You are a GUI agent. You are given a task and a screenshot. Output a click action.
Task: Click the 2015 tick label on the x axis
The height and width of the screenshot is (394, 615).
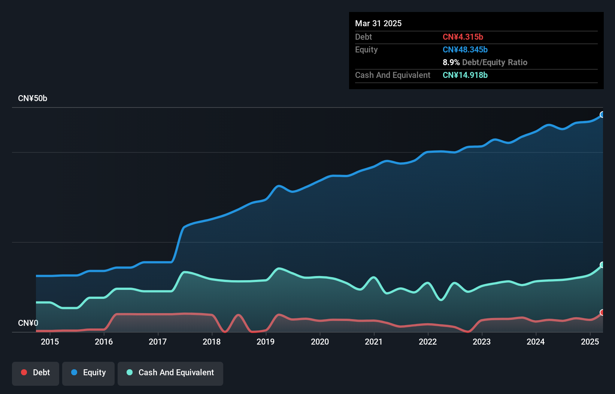point(50,342)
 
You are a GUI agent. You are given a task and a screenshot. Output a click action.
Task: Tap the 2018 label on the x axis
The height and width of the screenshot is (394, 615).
point(212,342)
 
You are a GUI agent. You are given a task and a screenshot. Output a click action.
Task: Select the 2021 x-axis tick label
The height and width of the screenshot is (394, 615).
point(374,342)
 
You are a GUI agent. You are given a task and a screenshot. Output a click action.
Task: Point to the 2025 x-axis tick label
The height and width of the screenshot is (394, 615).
point(590,342)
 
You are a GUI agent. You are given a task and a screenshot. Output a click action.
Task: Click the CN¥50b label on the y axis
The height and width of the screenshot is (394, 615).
point(33,98)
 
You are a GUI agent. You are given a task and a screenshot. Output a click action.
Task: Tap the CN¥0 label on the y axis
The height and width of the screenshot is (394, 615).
point(28,323)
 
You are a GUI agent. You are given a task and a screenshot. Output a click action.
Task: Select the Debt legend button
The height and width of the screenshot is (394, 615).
point(36,373)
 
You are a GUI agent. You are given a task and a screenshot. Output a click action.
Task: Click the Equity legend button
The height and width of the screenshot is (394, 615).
point(88,373)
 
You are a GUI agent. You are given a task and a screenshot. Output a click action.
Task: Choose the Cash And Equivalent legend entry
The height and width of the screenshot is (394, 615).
point(170,373)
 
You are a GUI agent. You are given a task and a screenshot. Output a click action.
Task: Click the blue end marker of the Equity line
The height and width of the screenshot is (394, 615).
point(602,115)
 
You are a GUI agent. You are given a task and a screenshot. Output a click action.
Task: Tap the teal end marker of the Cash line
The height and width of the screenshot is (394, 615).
point(602,265)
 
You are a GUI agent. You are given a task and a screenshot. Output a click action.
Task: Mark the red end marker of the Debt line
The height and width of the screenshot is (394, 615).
point(602,312)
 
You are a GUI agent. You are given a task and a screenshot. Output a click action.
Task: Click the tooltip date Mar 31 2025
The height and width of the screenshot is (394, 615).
point(378,23)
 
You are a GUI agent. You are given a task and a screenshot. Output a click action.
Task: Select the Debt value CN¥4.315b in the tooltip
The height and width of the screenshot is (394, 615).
point(463,37)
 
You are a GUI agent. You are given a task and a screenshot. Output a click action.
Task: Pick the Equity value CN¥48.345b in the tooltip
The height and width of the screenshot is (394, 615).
point(465,49)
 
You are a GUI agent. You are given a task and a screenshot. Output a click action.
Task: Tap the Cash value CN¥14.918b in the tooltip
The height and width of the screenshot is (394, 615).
point(465,75)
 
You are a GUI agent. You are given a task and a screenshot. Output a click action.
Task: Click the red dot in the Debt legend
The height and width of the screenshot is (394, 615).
point(24,372)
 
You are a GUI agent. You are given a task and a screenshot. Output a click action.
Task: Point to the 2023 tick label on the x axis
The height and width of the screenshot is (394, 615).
point(482,342)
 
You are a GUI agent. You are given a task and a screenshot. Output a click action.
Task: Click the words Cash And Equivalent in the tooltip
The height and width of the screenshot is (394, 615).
point(393,75)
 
